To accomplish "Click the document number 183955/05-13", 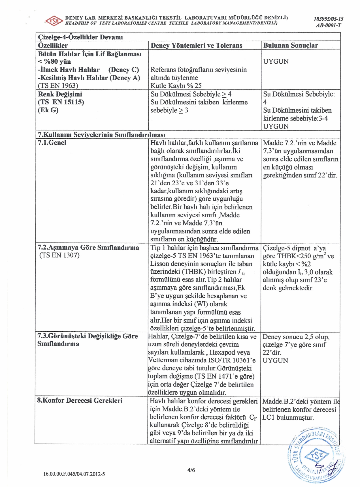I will pyautogui.click(x=328, y=19).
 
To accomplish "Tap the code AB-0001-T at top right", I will pyautogui.click(x=329, y=25).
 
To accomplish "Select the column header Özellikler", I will pyautogui.click(x=53, y=46).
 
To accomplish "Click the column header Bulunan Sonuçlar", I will pyautogui.click(x=290, y=46).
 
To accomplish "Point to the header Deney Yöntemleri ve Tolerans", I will pyautogui.click(x=196, y=46).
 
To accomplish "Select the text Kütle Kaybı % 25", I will pyautogui.click(x=176, y=86).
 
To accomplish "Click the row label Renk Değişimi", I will pyautogui.click(x=60, y=94).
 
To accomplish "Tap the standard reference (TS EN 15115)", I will pyautogui.click(x=61, y=102).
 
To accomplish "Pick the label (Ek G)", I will pyautogui.click(x=48, y=110).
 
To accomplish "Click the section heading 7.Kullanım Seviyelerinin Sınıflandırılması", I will pyautogui.click(x=101, y=135).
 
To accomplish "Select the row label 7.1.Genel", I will pyautogui.click(x=52, y=143).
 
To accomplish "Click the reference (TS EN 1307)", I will pyautogui.click(x=59, y=255).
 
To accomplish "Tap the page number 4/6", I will pyautogui.click(x=191, y=470).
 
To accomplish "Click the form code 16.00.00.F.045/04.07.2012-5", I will pyautogui.click(x=74, y=474).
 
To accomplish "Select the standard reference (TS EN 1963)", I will pyautogui.click(x=58, y=86).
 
